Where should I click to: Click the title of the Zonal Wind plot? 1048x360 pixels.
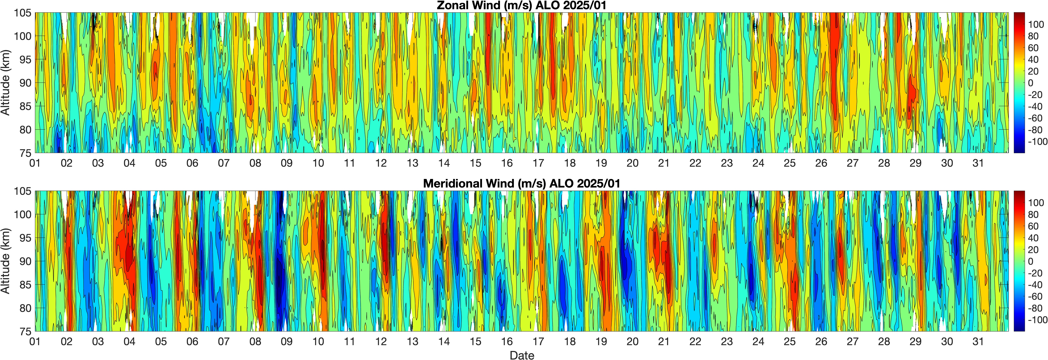tap(522, 6)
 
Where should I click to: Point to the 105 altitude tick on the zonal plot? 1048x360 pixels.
tap(23, 13)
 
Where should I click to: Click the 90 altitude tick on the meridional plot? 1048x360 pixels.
tap(25, 261)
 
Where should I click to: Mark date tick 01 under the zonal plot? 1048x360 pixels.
tap(35, 163)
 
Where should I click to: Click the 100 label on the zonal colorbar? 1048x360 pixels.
tap(1036, 24)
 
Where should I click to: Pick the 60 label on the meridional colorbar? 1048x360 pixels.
tap(1033, 226)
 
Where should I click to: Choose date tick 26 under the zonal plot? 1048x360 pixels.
tap(821, 163)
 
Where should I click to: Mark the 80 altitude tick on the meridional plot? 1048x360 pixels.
tap(25, 308)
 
